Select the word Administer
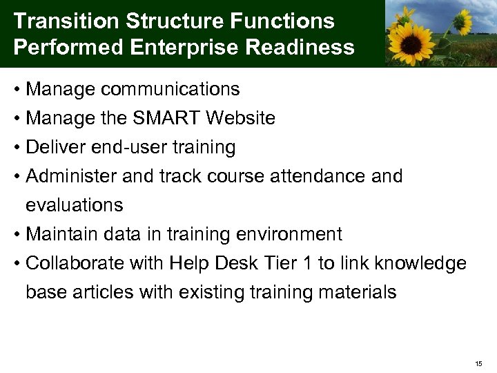point(71,176)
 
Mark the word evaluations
point(75,205)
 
